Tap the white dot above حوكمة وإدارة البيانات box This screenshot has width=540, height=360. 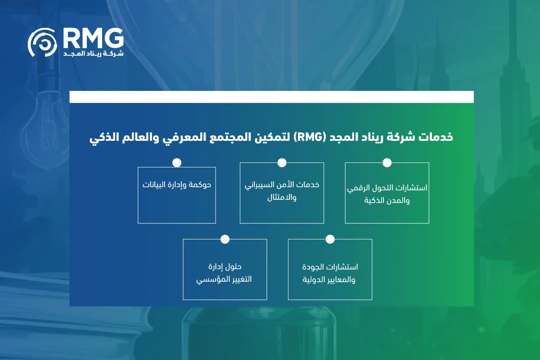[177, 163]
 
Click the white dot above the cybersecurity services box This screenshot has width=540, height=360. [282, 163]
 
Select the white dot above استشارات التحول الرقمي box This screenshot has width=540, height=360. [387, 163]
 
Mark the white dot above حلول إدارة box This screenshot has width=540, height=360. [225, 239]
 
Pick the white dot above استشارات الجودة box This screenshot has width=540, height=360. [330, 239]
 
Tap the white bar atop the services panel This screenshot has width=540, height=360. [271, 97]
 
